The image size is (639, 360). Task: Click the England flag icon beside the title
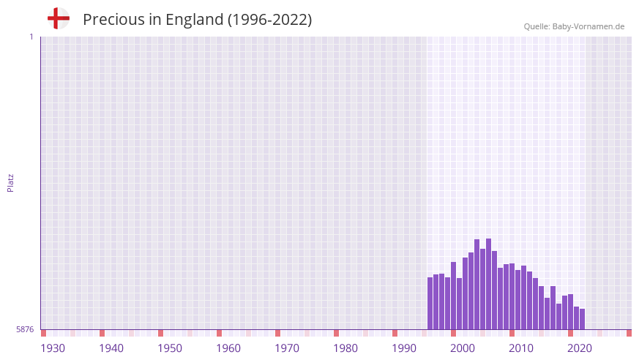[x=58, y=19]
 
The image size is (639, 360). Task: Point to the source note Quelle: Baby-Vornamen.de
[x=574, y=26]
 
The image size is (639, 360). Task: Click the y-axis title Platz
[x=10, y=182]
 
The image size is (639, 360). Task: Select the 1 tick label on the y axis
[x=31, y=37]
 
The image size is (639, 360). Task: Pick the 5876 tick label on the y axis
[x=25, y=330]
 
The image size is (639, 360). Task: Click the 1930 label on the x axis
[x=53, y=348]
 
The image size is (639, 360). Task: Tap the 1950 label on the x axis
[x=170, y=348]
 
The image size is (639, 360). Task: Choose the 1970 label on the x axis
[x=287, y=348]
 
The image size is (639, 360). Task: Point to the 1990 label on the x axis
[x=404, y=348]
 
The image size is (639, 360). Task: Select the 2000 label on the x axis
[x=463, y=348]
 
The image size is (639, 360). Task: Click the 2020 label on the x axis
[x=580, y=348]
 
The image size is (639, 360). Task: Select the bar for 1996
[x=430, y=304]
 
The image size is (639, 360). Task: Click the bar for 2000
[x=454, y=296]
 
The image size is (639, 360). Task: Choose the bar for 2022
[x=583, y=319]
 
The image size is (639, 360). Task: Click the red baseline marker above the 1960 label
[x=219, y=333]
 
